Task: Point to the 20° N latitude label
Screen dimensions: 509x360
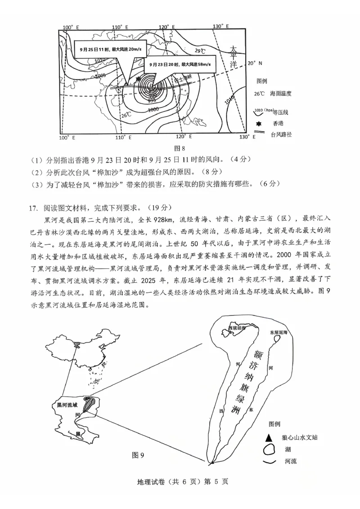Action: [255, 63]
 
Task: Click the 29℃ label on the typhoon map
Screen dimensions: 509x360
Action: [199, 50]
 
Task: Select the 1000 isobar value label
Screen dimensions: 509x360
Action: [153, 109]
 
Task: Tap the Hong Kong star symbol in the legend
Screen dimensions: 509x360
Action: [259, 122]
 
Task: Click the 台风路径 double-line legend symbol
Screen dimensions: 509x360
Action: [259, 134]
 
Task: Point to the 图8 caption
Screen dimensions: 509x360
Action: [180, 148]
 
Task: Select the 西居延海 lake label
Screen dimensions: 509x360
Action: [237, 328]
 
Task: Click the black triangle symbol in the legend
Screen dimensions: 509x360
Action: [268, 437]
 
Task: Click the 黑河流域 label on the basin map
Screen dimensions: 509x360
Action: [67, 405]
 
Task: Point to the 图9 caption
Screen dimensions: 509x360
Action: [138, 455]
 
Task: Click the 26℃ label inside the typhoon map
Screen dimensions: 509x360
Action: [126, 115]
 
